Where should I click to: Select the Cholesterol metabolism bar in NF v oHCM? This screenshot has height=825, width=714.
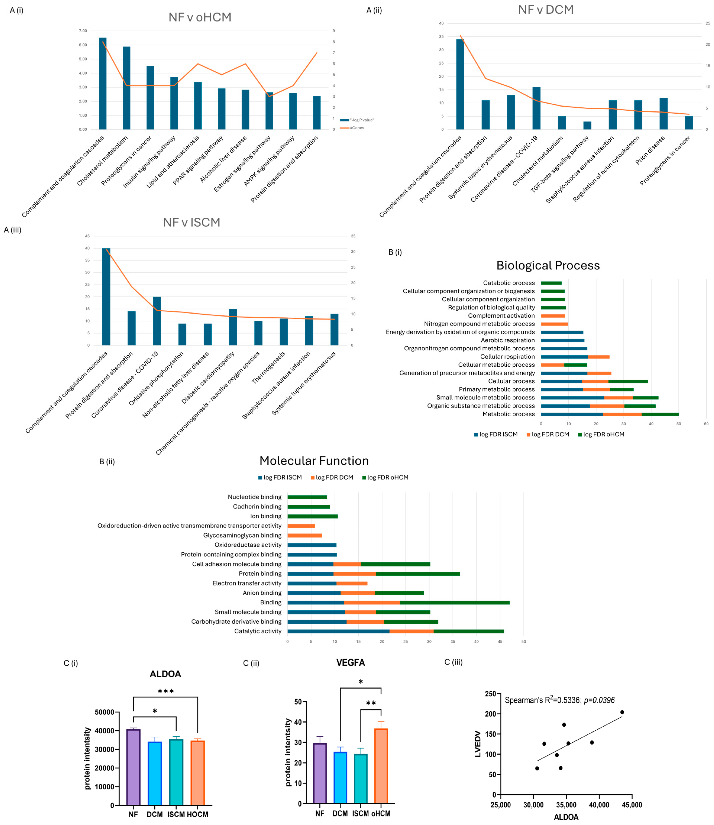point(126,88)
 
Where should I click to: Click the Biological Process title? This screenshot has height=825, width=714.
point(548,266)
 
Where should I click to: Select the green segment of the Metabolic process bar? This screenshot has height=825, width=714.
point(660,414)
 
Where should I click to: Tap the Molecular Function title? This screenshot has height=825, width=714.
point(314,461)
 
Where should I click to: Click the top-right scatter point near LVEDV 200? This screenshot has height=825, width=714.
point(622,712)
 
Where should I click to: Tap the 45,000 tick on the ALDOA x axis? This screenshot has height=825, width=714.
point(632,805)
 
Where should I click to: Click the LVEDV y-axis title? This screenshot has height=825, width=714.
point(478,749)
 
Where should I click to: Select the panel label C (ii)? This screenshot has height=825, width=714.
point(251,663)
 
